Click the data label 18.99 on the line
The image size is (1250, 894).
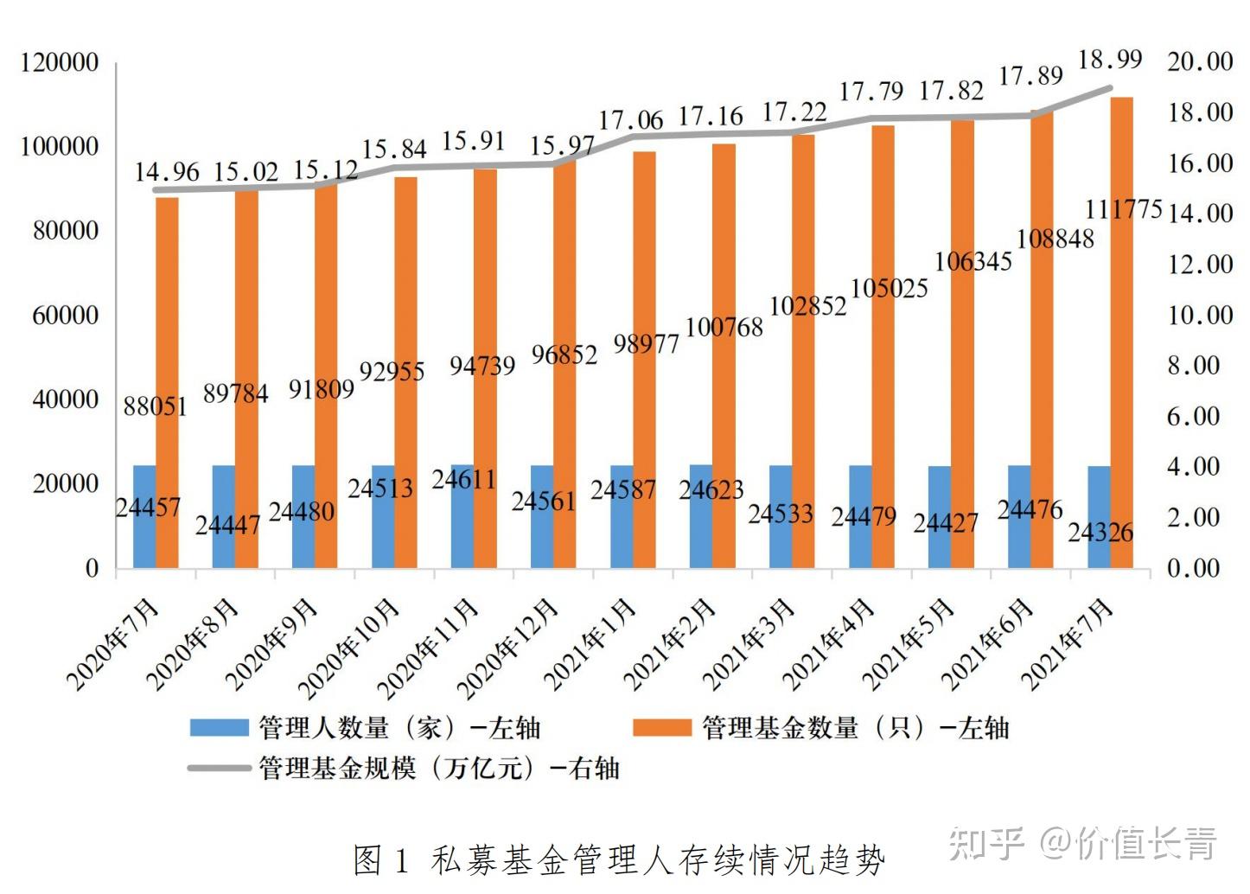(1110, 60)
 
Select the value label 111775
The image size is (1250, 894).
(1123, 209)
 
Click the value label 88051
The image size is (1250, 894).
(155, 405)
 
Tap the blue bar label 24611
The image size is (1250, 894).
(463, 478)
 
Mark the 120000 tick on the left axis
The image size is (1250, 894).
(59, 63)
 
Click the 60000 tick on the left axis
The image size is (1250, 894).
(65, 316)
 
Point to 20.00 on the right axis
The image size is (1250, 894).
(1200, 61)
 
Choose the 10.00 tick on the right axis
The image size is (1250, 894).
(1200, 315)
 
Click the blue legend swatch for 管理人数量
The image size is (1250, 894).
(220, 727)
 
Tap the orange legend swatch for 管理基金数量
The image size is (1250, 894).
(661, 727)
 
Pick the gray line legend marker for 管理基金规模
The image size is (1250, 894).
(220, 768)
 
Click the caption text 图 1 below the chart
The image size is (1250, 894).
(379, 860)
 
